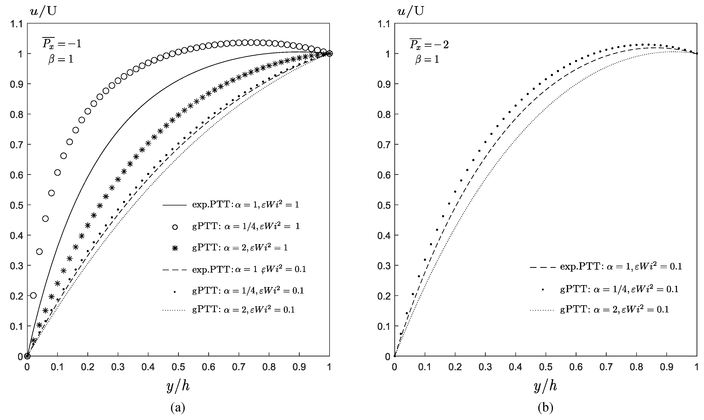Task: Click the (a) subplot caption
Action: point(178,408)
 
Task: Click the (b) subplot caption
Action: point(545,408)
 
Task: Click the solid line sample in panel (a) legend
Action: point(175,205)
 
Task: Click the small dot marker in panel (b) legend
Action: point(543,289)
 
